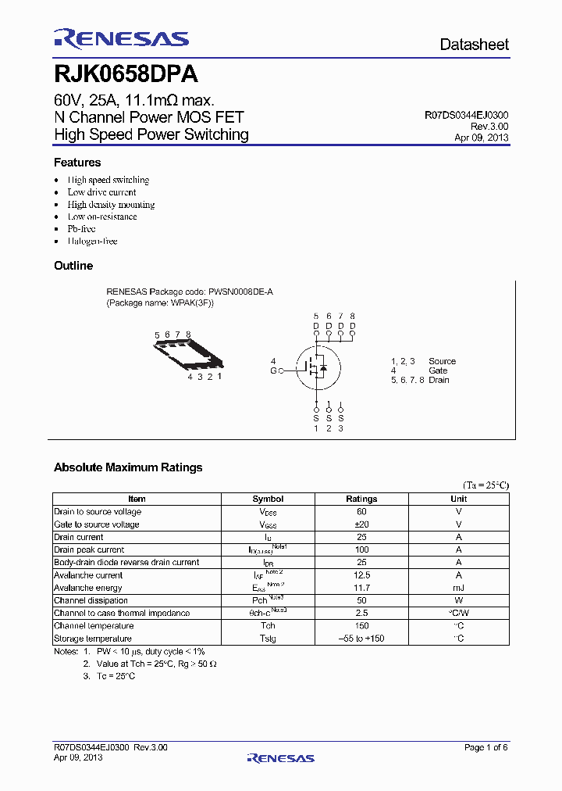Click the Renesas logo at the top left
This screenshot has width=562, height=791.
click(121, 39)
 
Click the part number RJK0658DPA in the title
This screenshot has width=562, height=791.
click(125, 75)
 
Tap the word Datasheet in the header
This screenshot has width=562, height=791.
click(474, 45)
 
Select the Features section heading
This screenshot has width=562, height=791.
click(77, 163)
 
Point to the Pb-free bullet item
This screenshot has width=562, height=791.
click(81, 229)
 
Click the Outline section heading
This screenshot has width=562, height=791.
click(73, 266)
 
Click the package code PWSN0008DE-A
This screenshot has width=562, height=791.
click(240, 292)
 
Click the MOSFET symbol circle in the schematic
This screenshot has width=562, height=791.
click(316, 366)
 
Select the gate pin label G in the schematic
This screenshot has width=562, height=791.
click(273, 370)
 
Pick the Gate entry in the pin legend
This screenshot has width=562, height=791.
click(438, 370)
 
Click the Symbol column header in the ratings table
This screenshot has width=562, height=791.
click(268, 499)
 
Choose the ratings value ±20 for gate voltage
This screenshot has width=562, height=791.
click(361, 524)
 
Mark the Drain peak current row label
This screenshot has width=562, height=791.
click(89, 549)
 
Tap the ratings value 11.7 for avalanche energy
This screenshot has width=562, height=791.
click(361, 588)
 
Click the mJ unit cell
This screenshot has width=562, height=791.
click(459, 588)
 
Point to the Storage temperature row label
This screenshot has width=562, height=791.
click(93, 639)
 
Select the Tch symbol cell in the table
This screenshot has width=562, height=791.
click(268, 625)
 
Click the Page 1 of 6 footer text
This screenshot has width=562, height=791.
click(486, 748)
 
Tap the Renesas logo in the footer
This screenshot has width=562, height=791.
click(280, 757)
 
